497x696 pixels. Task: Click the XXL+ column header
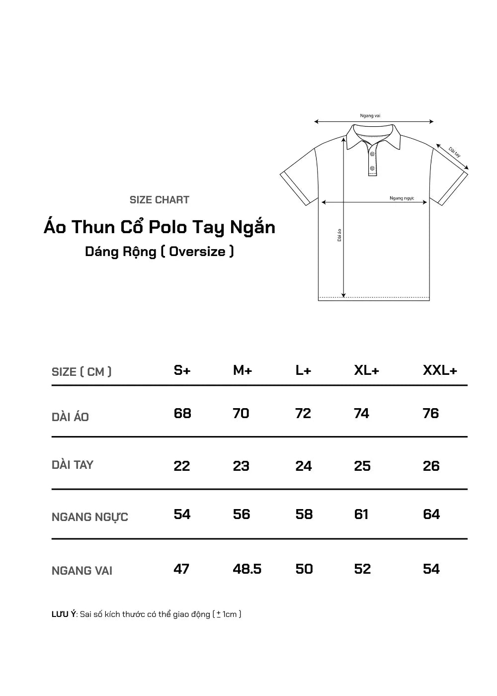[x=440, y=370]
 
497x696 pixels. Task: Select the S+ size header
[x=182, y=370]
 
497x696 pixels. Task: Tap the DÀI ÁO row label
[x=71, y=417]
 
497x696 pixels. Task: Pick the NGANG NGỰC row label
[x=90, y=517]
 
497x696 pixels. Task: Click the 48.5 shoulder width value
[x=247, y=569]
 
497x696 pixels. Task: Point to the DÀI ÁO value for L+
[x=303, y=414]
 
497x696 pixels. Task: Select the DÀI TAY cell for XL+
[x=362, y=466]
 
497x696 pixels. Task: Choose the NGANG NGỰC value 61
[x=361, y=514]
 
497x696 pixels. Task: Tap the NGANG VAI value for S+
[x=181, y=569]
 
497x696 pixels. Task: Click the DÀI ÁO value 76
[x=431, y=414]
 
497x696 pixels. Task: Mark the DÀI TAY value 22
[x=182, y=466]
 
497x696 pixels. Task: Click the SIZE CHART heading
[x=160, y=200]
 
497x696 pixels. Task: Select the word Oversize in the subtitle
[x=197, y=252]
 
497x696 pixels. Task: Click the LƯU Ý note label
[x=64, y=614]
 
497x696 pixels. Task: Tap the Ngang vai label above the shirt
[x=370, y=116]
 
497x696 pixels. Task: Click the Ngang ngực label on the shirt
[x=402, y=198]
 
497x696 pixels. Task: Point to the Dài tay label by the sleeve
[x=454, y=152]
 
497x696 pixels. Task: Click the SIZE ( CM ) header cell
[x=82, y=372]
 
